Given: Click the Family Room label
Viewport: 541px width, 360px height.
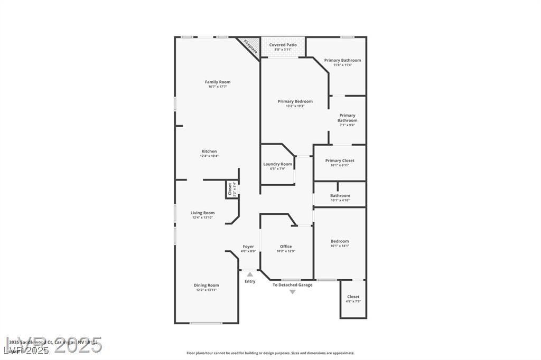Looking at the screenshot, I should click(x=218, y=82).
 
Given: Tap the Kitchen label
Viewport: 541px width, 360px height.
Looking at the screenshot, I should click(x=209, y=151).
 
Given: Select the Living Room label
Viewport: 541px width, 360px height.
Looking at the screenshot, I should click(x=202, y=213).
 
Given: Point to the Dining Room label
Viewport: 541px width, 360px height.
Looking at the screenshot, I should click(x=206, y=285).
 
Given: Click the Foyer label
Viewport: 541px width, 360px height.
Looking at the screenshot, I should click(x=248, y=247).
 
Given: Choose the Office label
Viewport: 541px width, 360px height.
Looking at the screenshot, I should click(x=286, y=247).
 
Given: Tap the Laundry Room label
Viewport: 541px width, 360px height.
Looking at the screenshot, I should click(x=277, y=164).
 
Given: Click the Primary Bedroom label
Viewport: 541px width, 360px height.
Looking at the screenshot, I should click(x=295, y=101).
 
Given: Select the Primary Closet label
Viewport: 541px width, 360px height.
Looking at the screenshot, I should click(x=340, y=160).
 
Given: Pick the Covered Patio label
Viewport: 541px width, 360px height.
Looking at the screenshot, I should click(x=283, y=45).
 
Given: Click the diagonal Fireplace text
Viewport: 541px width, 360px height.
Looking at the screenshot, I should click(x=250, y=46).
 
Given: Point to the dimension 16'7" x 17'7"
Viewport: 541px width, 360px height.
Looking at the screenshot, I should click(x=218, y=87).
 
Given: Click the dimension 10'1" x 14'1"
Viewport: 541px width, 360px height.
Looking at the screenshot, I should click(x=340, y=246).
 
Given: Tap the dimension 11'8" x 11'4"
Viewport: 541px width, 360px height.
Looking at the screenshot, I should click(x=342, y=65).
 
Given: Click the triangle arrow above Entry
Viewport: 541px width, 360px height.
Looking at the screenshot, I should click(x=250, y=274).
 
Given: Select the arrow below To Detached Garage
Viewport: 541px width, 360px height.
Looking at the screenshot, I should click(x=292, y=291).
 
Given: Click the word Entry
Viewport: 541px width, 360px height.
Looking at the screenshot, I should click(x=250, y=281).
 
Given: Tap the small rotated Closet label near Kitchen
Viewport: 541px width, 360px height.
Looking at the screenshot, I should click(x=230, y=189).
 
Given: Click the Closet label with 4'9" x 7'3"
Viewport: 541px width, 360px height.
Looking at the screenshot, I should click(x=353, y=297).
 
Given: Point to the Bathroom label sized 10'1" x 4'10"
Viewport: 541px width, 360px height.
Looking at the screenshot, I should click(x=340, y=195).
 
